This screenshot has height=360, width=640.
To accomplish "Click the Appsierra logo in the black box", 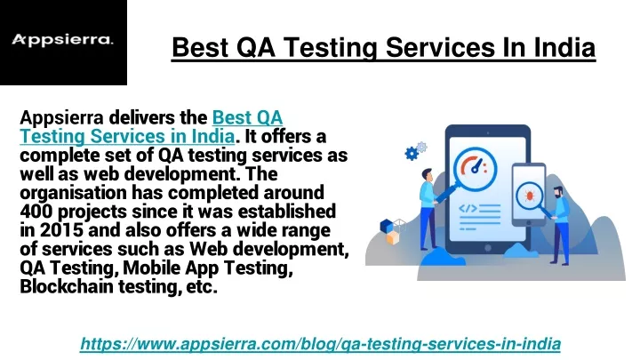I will click(x=61, y=39).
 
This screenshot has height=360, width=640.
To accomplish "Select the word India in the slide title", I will click(x=562, y=46).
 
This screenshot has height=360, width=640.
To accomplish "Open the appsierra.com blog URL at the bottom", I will click(x=320, y=343).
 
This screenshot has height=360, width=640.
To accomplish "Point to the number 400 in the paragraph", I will click(x=36, y=212).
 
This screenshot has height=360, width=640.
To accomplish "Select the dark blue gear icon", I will click(x=412, y=154).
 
